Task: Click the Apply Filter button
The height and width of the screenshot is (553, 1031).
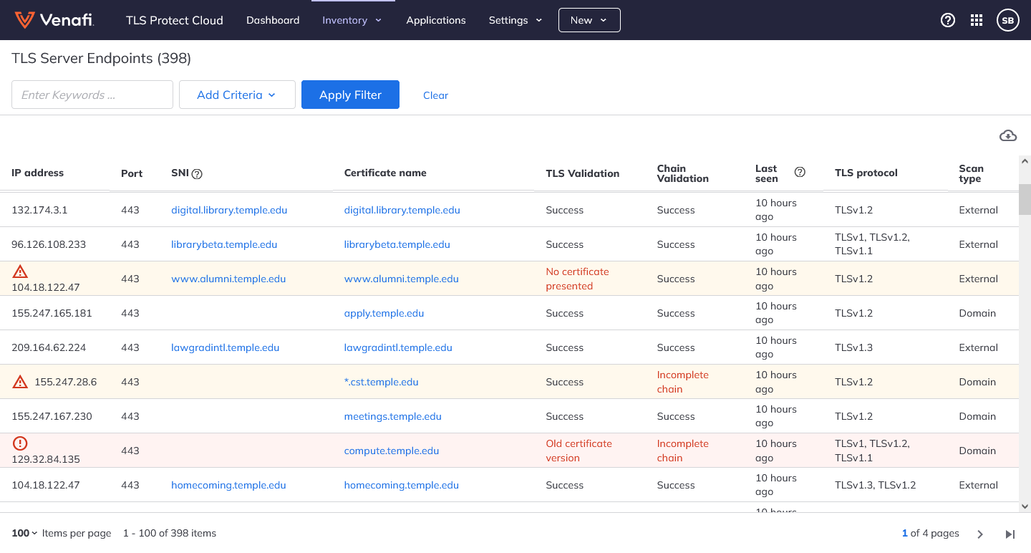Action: point(350,95)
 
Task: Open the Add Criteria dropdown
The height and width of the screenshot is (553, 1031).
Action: point(236,95)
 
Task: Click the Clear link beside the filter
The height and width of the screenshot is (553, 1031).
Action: point(435,95)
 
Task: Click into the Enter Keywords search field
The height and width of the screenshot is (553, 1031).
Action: point(92,95)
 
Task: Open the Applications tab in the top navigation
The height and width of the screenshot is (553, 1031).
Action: point(435,20)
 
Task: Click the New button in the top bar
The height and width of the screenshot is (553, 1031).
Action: point(589,20)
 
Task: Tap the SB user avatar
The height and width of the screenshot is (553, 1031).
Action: point(1007,20)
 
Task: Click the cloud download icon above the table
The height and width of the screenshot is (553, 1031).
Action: point(1007,135)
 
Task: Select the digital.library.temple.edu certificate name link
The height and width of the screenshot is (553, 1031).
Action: point(402,210)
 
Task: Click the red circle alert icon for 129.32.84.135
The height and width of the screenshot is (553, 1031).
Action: point(20,443)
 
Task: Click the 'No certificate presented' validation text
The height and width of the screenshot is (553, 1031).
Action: point(577,279)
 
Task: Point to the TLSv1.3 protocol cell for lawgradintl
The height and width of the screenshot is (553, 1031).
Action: point(853,347)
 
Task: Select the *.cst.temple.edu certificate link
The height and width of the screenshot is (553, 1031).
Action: point(381,382)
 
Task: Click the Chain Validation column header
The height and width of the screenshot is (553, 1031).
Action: point(682,173)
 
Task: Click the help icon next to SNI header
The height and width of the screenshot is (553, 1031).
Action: point(198,173)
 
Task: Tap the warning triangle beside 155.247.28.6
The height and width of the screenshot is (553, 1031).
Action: point(20,382)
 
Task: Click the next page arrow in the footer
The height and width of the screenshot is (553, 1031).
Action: point(980,534)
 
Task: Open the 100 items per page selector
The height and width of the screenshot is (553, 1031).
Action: point(24,533)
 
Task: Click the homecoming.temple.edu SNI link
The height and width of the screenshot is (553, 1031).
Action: point(228,485)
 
